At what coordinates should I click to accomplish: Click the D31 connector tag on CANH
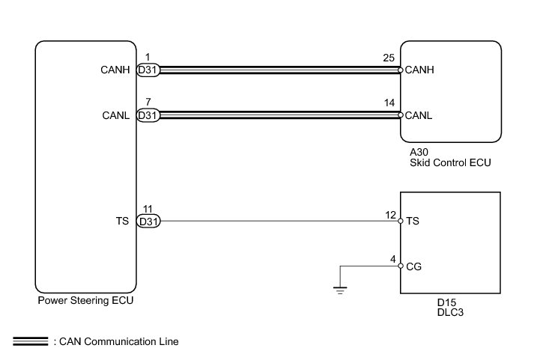[148, 70]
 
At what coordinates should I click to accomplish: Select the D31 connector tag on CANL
[148, 115]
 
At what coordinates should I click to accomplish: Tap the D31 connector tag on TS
[148, 221]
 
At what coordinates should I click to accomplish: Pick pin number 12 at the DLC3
[389, 215]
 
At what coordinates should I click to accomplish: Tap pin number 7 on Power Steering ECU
[148, 102]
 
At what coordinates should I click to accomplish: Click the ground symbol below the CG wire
[341, 289]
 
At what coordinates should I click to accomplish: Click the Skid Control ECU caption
[449, 162]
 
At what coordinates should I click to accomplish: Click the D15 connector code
[447, 302]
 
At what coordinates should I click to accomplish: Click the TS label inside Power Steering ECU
[123, 221]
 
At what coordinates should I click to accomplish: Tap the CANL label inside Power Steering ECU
[115, 115]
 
